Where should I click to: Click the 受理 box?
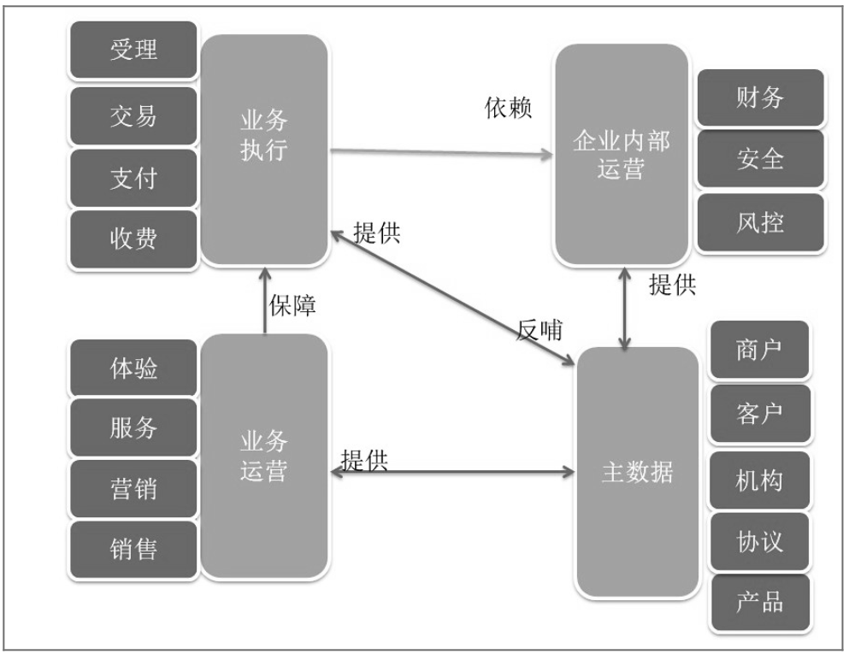133,50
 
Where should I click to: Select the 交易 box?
133,115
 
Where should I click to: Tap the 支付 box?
133,178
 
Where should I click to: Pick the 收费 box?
133,239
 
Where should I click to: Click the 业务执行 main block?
264,150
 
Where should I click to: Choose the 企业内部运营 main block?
622,155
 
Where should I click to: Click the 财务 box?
760,97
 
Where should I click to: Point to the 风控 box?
760,222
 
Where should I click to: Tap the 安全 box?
760,159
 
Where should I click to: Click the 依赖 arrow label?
508,108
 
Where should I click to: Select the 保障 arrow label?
292,305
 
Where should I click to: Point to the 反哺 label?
540,330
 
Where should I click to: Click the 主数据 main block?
638,472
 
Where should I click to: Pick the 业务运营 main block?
264,456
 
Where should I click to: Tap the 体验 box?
133,368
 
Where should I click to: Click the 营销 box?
133,489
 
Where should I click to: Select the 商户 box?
759,350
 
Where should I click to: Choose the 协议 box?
759,542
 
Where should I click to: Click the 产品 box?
759,602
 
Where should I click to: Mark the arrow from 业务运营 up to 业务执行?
265,300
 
